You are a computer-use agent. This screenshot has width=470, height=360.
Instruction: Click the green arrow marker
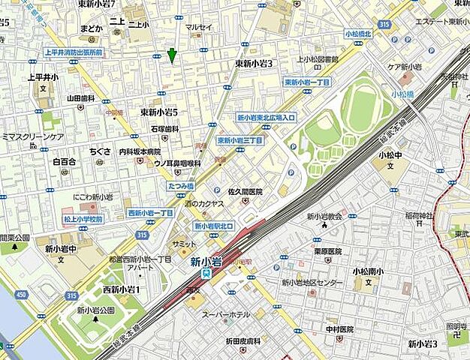pos(172,55)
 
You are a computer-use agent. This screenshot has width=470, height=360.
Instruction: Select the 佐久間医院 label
pos(240,191)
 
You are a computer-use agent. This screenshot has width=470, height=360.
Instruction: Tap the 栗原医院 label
pos(328,251)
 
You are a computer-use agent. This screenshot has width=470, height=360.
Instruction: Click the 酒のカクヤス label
pos(205,204)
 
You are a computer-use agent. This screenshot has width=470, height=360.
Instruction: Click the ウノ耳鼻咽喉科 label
pos(177,163)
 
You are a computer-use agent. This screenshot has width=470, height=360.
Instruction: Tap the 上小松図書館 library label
pos(318,58)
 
